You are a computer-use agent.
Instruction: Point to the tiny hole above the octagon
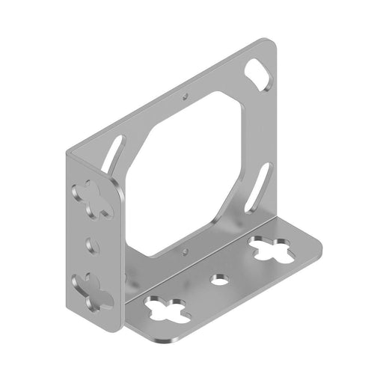(x=185, y=96)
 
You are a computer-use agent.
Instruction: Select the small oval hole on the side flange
(x=91, y=245)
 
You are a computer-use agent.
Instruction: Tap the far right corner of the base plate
(x=319, y=240)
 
